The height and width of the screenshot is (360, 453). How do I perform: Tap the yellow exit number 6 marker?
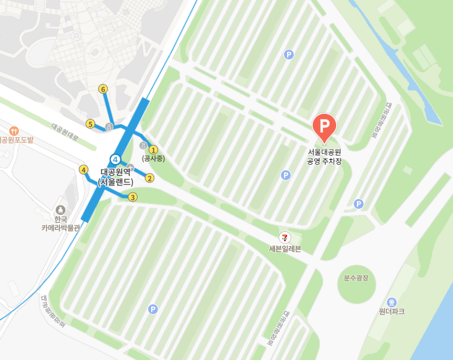click(x=103, y=89)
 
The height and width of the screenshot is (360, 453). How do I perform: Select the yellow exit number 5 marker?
click(x=90, y=124)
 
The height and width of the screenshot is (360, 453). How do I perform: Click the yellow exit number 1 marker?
click(x=154, y=149)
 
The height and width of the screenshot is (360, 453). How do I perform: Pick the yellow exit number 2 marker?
click(x=149, y=178)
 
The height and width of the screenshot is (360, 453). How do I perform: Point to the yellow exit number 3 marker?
click(x=132, y=197)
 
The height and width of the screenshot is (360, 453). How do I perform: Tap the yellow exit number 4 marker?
click(x=84, y=170)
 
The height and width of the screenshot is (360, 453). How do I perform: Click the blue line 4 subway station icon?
click(x=115, y=159)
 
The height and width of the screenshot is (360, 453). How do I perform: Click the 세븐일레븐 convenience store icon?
click(x=285, y=237)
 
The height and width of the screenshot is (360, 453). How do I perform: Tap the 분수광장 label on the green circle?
click(x=356, y=278)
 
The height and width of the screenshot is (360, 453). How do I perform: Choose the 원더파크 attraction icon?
click(x=392, y=302)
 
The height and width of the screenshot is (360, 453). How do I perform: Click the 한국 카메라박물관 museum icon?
click(x=60, y=210)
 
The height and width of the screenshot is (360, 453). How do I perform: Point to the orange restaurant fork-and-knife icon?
click(x=13, y=130)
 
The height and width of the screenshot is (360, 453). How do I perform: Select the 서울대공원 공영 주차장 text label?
click(x=324, y=156)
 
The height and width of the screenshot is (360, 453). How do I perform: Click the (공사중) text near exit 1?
click(x=153, y=159)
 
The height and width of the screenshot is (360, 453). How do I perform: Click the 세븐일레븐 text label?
click(x=285, y=249)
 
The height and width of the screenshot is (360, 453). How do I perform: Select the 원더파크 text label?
click(x=392, y=312)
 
